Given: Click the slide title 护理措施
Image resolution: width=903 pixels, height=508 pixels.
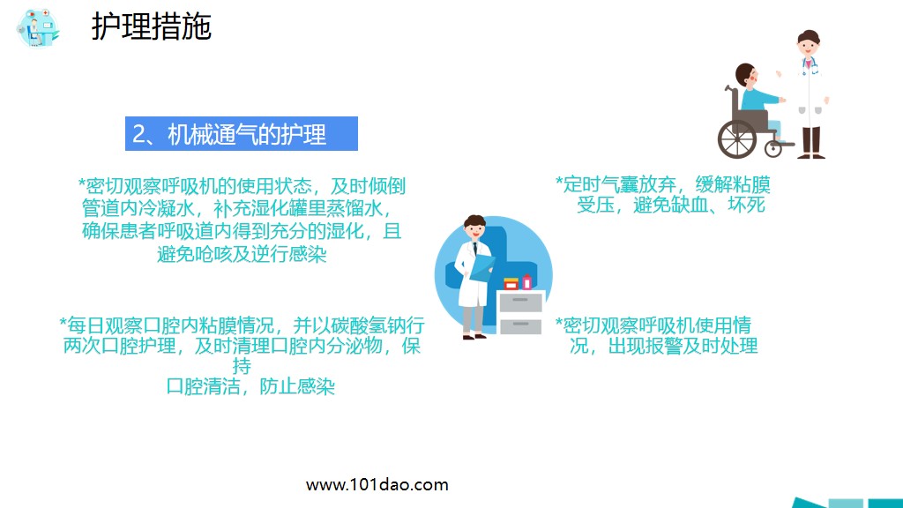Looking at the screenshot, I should (152, 26).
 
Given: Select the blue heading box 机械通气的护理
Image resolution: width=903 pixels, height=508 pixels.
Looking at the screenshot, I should (241, 134).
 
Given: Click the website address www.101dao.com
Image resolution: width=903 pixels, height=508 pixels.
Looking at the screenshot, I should (377, 484).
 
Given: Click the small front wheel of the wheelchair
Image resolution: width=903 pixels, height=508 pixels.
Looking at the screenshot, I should (773, 148).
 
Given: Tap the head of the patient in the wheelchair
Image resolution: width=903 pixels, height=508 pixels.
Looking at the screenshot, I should (746, 76).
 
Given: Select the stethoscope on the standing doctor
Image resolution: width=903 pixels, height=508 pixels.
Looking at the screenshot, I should (810, 66).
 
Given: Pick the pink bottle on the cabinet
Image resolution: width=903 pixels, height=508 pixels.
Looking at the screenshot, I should (527, 282).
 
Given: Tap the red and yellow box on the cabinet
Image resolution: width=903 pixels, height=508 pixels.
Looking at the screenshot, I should (511, 284).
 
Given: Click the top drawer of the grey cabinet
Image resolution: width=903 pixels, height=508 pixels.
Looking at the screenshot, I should (520, 302).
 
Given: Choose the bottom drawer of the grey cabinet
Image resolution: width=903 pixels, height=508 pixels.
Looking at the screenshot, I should (520, 325).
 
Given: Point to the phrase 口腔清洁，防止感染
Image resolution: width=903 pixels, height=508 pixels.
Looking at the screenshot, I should (250, 386).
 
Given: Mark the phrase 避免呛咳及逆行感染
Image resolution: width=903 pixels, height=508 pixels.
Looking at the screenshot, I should (235, 254).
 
